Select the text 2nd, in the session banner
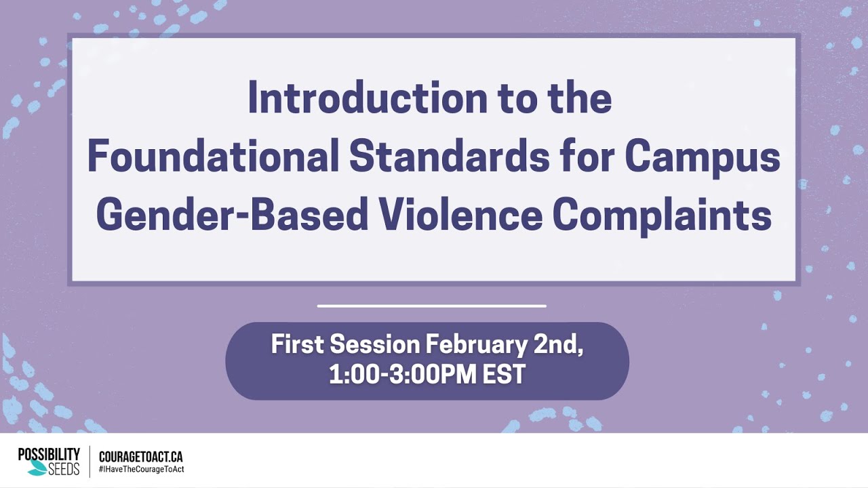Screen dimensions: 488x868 pos(558,345)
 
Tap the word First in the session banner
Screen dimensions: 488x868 pos(297,345)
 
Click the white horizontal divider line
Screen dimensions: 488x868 pos(431,306)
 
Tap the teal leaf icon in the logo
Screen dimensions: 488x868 pos(38,468)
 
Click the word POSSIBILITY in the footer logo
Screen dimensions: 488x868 pos(49,455)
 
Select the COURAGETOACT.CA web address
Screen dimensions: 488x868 pos(140,457)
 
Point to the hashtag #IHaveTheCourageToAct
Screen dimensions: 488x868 pos(141,469)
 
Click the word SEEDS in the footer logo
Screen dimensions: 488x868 pos(63,468)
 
